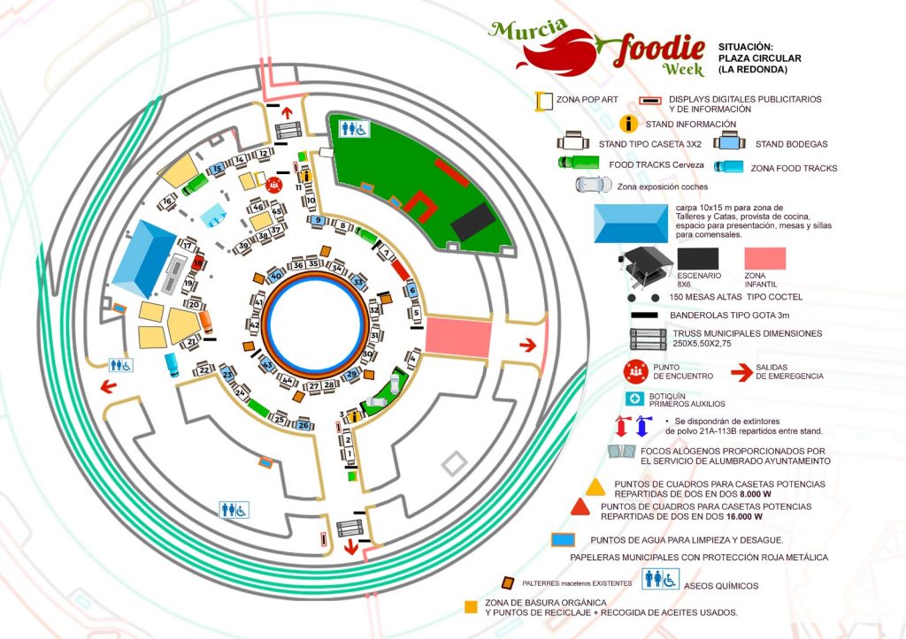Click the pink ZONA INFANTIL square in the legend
765,257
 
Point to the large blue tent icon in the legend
632,224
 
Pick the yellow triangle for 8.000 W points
595,485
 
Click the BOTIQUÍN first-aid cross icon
633,398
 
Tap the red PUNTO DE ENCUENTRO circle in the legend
633,370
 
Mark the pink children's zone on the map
458,339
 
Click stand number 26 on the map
303,424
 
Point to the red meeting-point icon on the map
274,185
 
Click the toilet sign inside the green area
356,129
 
